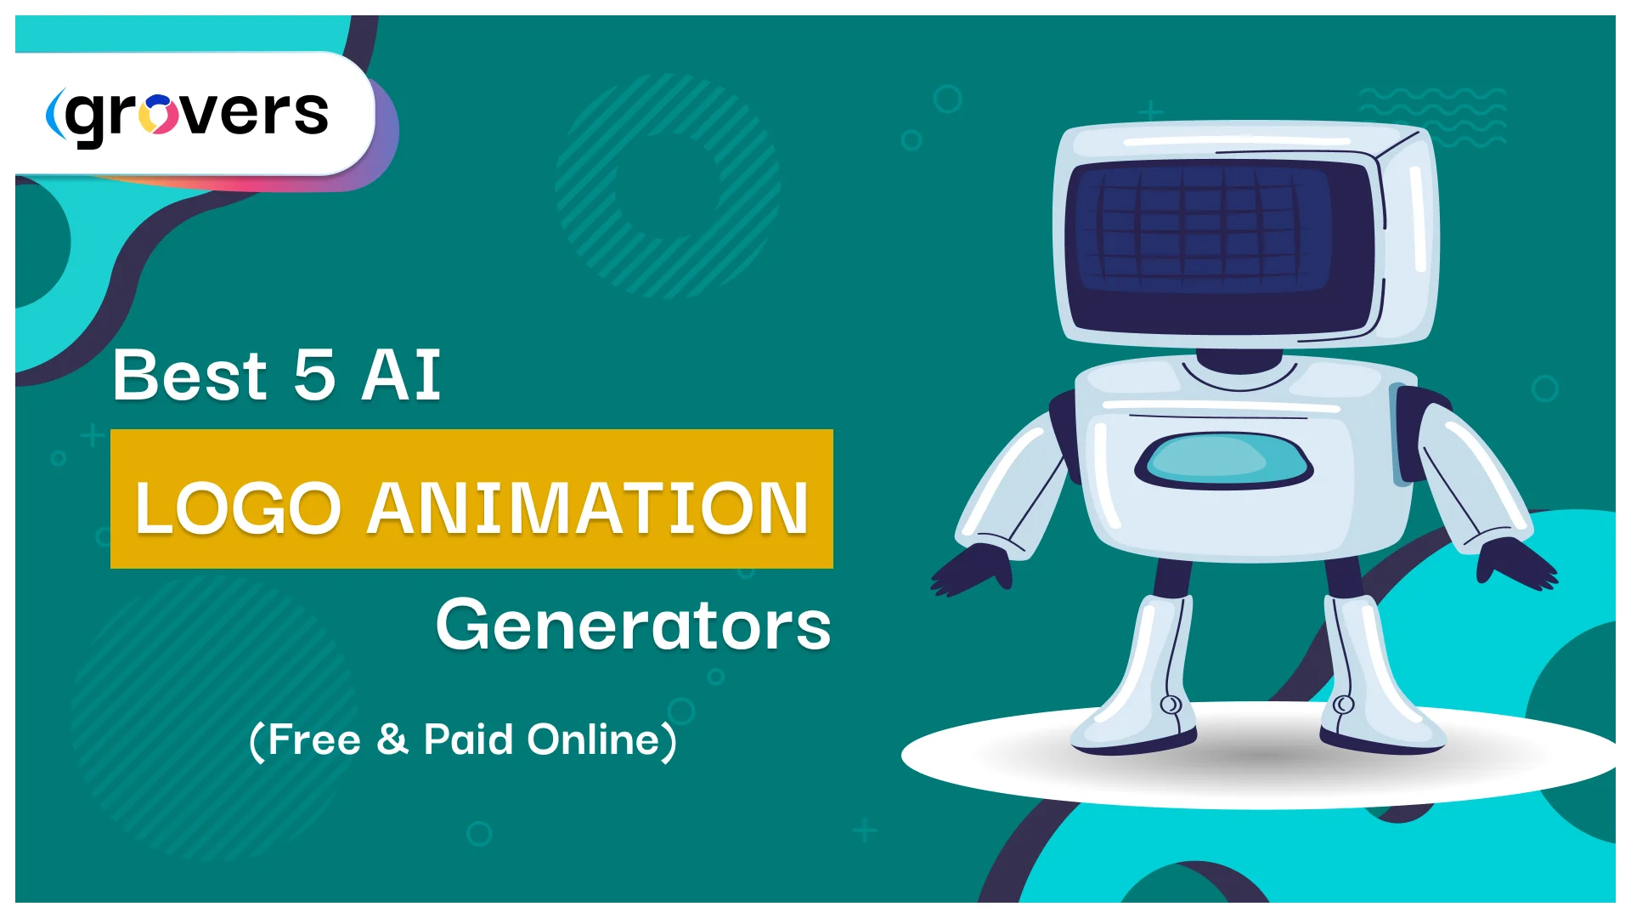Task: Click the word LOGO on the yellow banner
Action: tap(238, 507)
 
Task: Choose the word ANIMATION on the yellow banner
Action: tap(587, 507)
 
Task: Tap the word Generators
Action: tap(633, 625)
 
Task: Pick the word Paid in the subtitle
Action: tap(468, 739)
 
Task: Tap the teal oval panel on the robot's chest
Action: tap(1223, 459)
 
